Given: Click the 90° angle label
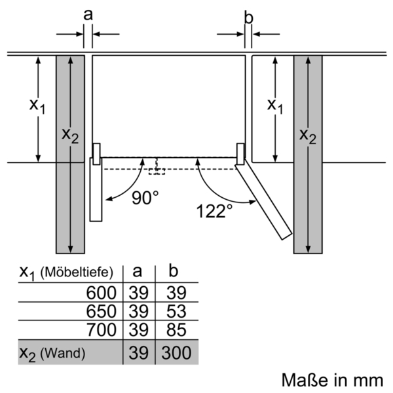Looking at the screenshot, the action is point(145,198).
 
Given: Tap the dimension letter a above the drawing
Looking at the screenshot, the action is point(88,15).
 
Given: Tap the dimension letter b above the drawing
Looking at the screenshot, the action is point(249,18).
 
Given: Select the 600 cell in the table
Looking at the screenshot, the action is point(102,293).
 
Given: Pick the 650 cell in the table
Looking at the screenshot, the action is point(102,311).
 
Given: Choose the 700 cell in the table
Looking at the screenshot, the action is point(102,329).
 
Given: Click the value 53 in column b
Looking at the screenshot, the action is point(176,311).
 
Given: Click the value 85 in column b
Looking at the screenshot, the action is point(176,329).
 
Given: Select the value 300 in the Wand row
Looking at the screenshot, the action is point(176,352).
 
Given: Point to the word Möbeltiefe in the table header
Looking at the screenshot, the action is point(77,272).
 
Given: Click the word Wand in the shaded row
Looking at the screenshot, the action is point(63,353).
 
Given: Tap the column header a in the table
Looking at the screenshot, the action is point(137,272).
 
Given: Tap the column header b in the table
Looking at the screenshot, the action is point(174,270).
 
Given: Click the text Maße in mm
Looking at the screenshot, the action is point(332,380).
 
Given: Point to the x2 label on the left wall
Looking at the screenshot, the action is point(70,136).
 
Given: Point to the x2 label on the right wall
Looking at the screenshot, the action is point(308,137).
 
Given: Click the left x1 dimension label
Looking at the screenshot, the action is point(37,106).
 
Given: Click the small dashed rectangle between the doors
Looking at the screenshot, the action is point(157,172).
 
